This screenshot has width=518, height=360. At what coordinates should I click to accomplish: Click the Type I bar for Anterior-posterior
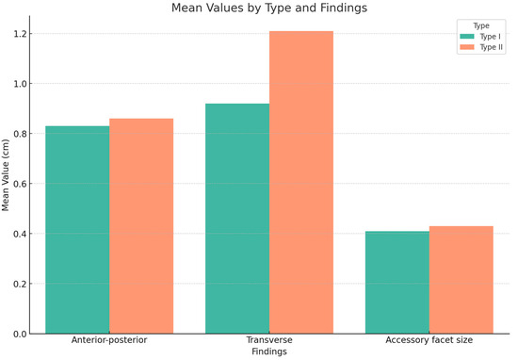point(77,230)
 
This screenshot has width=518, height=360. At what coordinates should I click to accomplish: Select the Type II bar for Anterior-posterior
point(141,226)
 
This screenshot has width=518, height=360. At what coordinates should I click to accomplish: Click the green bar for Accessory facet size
point(397,282)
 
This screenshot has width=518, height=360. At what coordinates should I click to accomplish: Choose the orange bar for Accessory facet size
point(461,280)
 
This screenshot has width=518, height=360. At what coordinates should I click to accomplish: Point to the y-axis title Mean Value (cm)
point(8,184)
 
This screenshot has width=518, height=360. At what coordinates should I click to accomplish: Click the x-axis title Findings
point(269,352)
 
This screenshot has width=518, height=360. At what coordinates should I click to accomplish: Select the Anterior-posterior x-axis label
point(109,340)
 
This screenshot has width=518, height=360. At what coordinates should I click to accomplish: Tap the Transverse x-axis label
point(269,340)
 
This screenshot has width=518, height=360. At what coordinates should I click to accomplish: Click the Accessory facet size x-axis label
point(429,340)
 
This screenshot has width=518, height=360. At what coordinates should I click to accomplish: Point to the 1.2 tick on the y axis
point(22,34)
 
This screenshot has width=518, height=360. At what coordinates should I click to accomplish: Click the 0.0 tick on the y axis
point(22,334)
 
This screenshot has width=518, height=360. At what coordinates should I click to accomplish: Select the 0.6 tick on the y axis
point(22,184)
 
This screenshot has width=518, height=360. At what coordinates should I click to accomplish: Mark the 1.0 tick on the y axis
point(22,84)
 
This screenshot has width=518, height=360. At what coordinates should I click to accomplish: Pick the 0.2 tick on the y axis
point(22,284)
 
